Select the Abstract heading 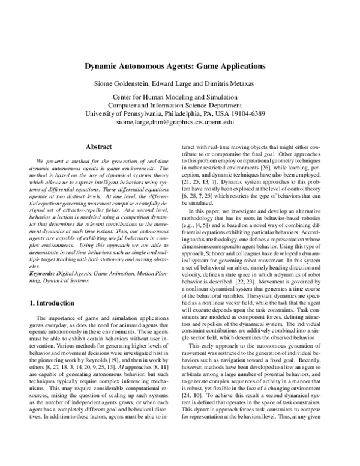coord(98,146)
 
